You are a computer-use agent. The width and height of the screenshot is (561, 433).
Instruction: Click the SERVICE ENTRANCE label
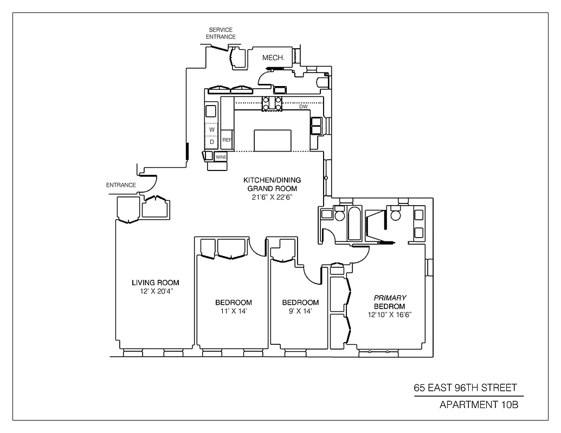click(x=222, y=33)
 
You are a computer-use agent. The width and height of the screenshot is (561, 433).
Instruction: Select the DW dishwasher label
click(x=304, y=107)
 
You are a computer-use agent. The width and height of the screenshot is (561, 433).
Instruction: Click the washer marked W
click(x=212, y=130)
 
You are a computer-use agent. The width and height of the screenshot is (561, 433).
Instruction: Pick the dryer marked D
click(x=212, y=142)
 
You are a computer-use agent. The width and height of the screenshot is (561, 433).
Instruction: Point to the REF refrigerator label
click(x=227, y=140)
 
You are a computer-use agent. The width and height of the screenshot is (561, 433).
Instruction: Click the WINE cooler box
click(x=221, y=157)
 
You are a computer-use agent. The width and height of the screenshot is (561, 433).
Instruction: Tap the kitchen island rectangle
click(x=272, y=140)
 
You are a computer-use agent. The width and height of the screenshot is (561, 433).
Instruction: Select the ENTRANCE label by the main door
click(x=121, y=185)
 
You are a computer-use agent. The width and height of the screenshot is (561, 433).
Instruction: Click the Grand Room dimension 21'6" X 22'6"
click(x=272, y=197)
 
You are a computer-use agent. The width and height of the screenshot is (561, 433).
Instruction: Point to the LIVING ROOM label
click(x=156, y=283)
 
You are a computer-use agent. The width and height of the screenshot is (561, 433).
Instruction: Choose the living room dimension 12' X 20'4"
click(x=156, y=292)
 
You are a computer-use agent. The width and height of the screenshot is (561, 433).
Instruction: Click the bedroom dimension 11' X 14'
click(x=233, y=312)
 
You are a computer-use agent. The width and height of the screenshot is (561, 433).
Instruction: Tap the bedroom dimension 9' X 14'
click(x=300, y=312)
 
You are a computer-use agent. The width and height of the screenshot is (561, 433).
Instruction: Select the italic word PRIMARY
click(x=389, y=298)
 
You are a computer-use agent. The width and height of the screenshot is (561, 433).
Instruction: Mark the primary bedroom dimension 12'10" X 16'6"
click(x=389, y=315)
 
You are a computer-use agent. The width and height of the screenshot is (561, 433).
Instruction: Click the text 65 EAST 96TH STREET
click(x=465, y=388)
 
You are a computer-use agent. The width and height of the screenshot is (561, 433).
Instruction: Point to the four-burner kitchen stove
click(x=272, y=103)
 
